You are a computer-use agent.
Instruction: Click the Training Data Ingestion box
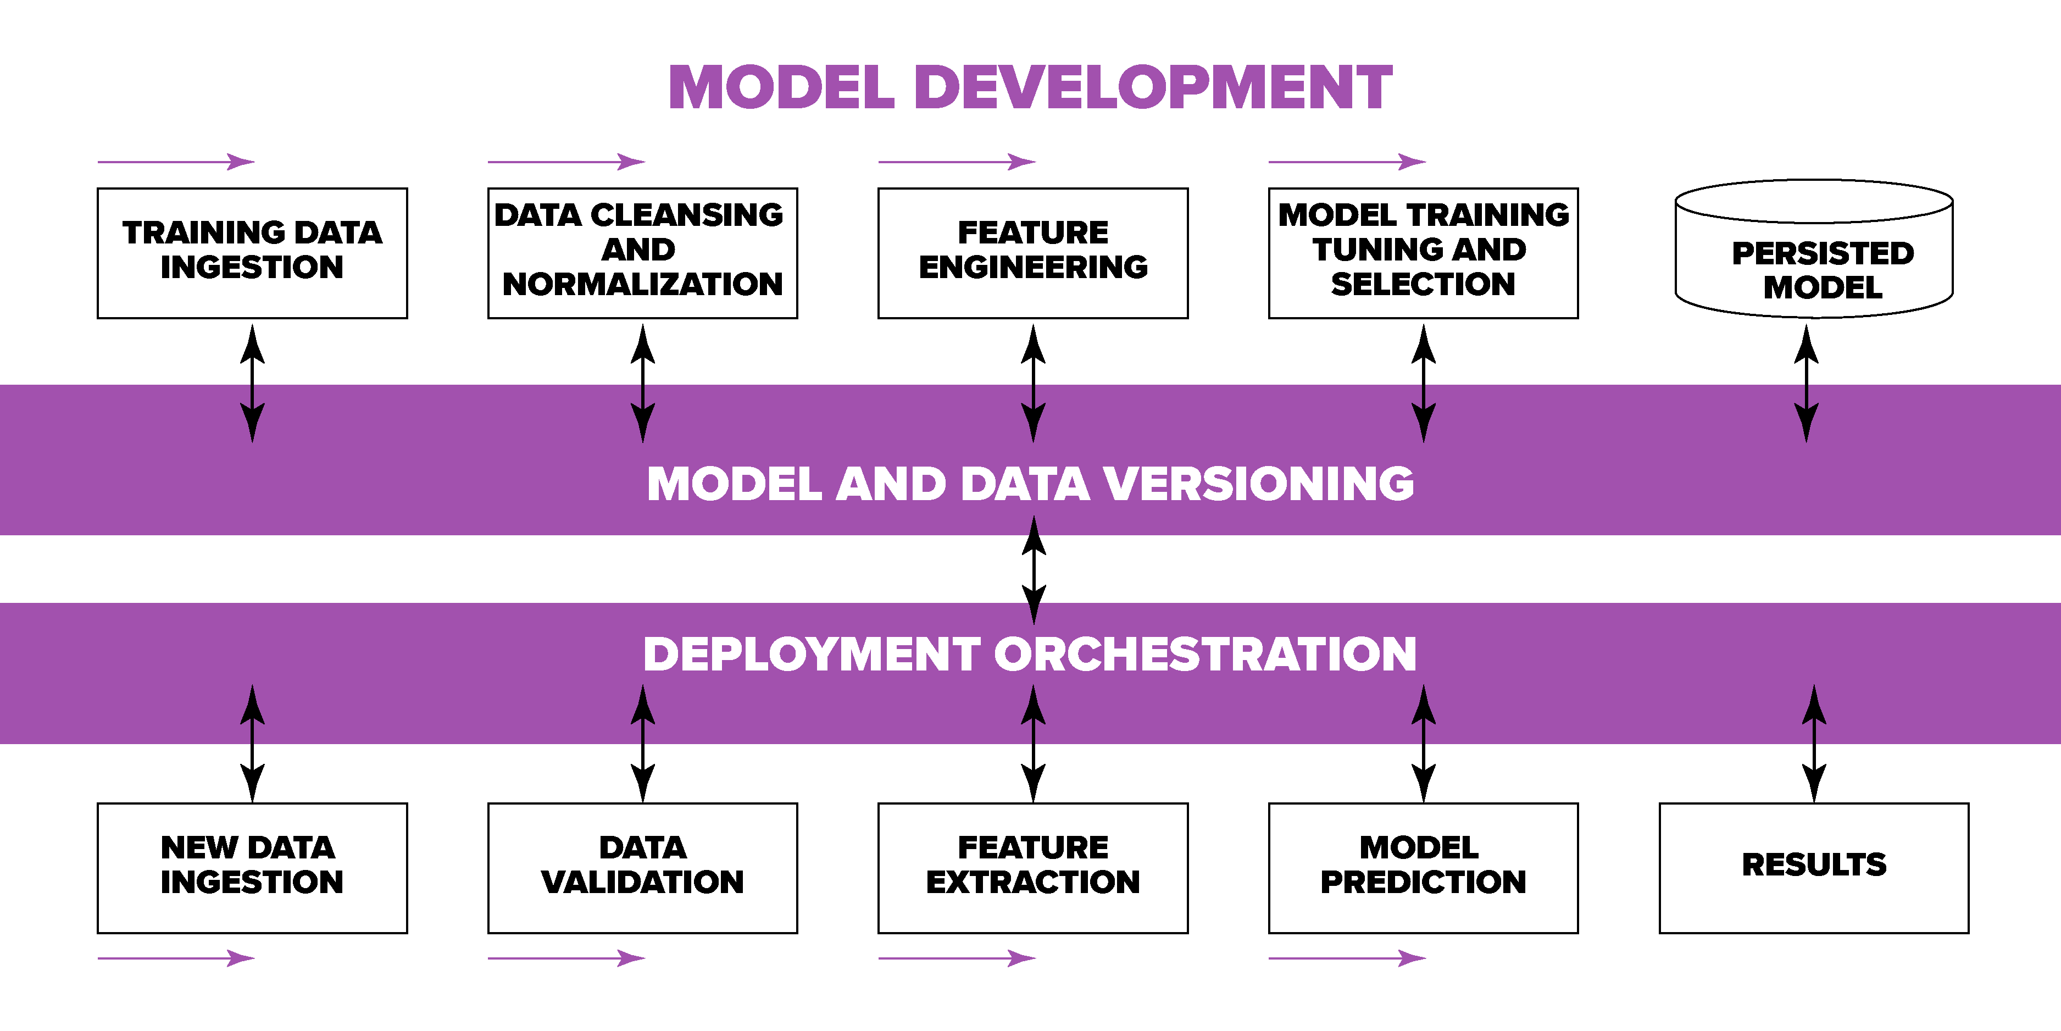click(x=252, y=253)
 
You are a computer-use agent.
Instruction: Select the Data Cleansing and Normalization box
click(x=642, y=253)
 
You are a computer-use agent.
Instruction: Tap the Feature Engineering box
click(x=1033, y=253)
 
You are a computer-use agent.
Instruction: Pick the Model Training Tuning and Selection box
click(x=1423, y=253)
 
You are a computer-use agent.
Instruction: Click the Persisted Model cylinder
click(x=1814, y=249)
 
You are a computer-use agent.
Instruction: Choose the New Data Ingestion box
click(x=252, y=868)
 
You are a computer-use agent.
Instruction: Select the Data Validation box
click(x=642, y=868)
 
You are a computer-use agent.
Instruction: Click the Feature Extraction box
click(x=1033, y=868)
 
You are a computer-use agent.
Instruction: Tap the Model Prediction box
click(x=1423, y=868)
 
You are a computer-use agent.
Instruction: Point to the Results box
click(x=1814, y=868)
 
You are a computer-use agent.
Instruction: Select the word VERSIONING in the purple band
click(x=1258, y=484)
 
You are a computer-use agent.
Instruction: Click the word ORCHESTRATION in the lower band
click(x=1205, y=654)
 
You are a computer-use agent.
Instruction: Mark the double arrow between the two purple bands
click(x=1034, y=570)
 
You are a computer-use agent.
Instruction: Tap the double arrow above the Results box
click(x=1814, y=744)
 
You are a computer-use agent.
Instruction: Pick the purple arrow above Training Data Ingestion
click(x=176, y=162)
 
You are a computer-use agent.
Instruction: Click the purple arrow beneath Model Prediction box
click(x=1347, y=957)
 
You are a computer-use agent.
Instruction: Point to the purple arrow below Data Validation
click(x=566, y=957)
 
